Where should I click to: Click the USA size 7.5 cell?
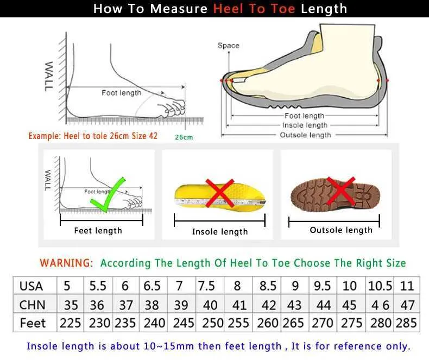pyautogui.click(x=206, y=286)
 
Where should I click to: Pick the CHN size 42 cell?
pyautogui.click(x=269, y=305)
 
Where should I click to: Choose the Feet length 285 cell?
pyautogui.click(x=407, y=323)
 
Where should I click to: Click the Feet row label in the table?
pyautogui.click(x=33, y=323)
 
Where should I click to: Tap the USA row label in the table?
pyautogui.click(x=31, y=286)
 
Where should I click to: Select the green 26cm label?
pyautogui.click(x=184, y=137)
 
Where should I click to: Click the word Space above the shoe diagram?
pyautogui.click(x=228, y=46)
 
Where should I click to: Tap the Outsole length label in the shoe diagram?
pyautogui.click(x=305, y=135)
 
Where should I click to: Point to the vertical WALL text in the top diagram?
pyautogui.click(x=49, y=76)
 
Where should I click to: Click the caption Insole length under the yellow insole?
pyautogui.click(x=219, y=232)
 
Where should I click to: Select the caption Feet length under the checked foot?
pyautogui.click(x=98, y=231)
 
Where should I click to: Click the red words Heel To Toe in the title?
pyautogui.click(x=255, y=9)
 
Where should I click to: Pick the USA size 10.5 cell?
pyautogui.click(x=381, y=286)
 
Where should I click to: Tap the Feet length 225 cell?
pyautogui.click(x=70, y=323)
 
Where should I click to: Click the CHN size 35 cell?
pyautogui.click(x=71, y=305)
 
